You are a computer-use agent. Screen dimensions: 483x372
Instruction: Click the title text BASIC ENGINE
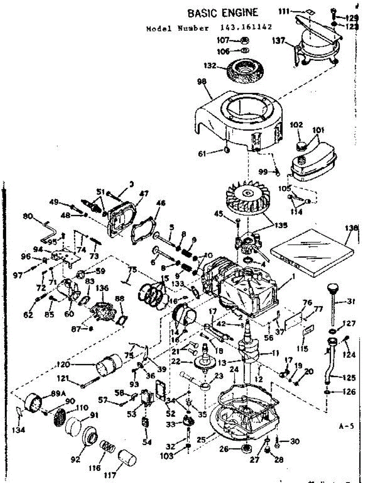click(223, 13)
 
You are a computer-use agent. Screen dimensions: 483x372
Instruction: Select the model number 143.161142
click(246, 28)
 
